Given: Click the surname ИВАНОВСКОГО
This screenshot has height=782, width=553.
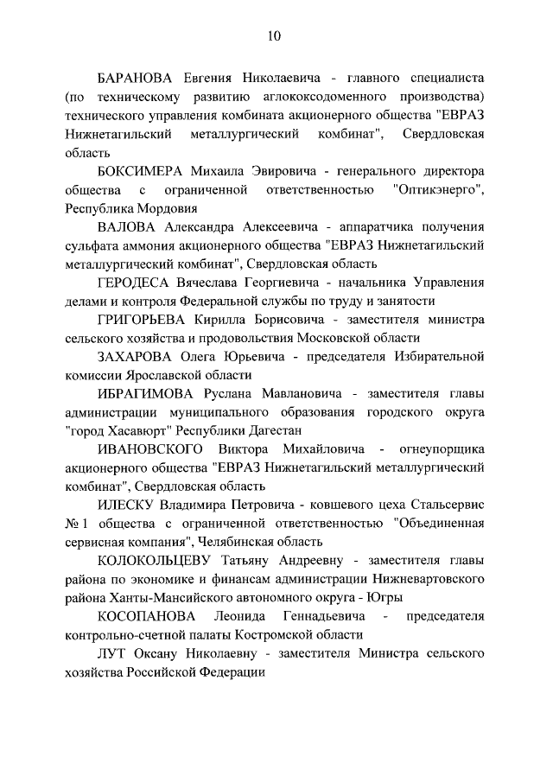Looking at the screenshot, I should (151, 450).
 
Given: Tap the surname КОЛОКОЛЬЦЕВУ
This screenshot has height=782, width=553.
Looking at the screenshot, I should (163, 562).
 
